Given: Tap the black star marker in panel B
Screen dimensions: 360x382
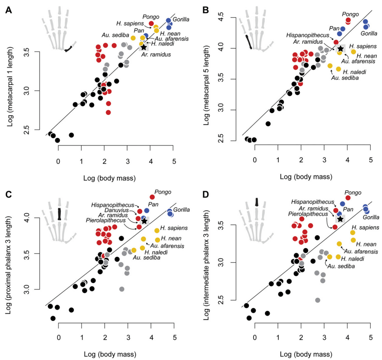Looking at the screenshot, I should [x=340, y=49].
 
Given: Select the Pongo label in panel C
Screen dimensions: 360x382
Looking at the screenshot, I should [x=163, y=192].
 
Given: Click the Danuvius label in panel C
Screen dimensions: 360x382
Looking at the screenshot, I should [x=125, y=211].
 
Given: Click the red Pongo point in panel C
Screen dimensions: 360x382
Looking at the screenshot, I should [x=152, y=197].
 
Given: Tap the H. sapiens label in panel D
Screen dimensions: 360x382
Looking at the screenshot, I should [x=365, y=227].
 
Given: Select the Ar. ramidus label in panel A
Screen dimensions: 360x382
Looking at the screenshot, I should [x=156, y=55].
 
